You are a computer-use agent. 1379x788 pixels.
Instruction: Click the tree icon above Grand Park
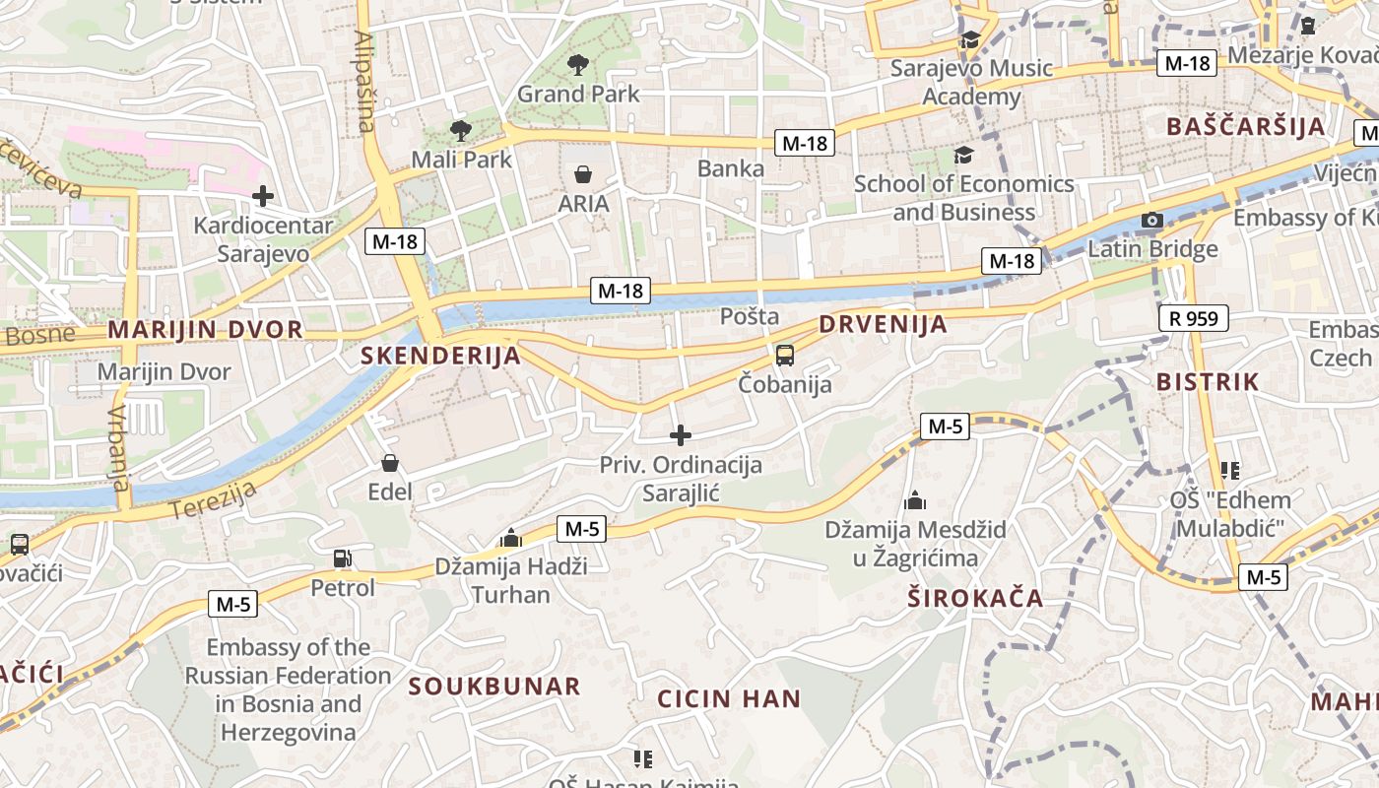(x=578, y=66)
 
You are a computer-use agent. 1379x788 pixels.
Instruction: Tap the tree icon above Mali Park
(x=460, y=130)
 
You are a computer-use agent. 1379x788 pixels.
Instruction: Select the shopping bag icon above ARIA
(x=583, y=175)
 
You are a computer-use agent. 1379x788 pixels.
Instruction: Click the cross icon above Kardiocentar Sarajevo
(x=262, y=196)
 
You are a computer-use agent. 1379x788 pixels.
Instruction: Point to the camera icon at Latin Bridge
(x=1151, y=221)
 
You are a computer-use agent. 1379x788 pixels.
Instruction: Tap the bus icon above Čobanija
(x=784, y=356)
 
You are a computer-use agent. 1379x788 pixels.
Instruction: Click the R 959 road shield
(x=1194, y=318)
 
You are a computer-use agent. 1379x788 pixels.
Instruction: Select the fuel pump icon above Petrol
(x=342, y=558)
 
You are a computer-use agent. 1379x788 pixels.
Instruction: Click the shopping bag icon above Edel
(x=390, y=462)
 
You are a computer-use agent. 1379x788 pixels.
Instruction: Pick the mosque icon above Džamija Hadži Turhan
(x=510, y=538)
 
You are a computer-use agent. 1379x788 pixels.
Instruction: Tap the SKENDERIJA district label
(x=440, y=356)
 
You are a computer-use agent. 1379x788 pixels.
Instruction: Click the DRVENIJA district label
(x=883, y=325)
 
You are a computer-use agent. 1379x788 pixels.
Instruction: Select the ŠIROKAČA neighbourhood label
(x=975, y=599)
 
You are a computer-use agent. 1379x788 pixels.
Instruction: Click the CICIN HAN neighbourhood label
(x=729, y=699)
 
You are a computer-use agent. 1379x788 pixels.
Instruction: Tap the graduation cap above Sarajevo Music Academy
(x=970, y=39)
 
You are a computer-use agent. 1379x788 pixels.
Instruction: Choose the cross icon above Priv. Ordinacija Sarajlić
(x=680, y=434)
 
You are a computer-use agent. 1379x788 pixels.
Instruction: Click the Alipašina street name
(x=364, y=81)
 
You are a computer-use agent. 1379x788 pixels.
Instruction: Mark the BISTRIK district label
(x=1208, y=382)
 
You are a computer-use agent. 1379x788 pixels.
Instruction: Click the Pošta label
(x=750, y=316)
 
